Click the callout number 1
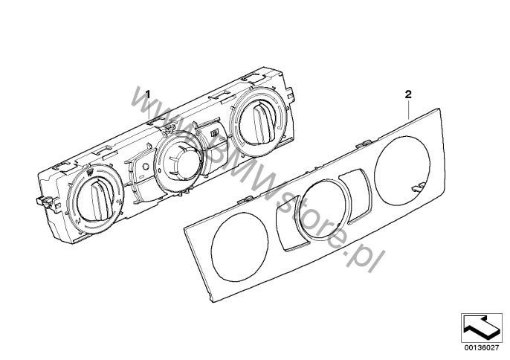[x=147, y=94]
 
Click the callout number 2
[x=407, y=94]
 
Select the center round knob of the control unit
[x=177, y=158]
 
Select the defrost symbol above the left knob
[x=89, y=174]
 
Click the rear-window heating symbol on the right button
[x=214, y=134]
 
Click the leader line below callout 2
[x=410, y=106]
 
